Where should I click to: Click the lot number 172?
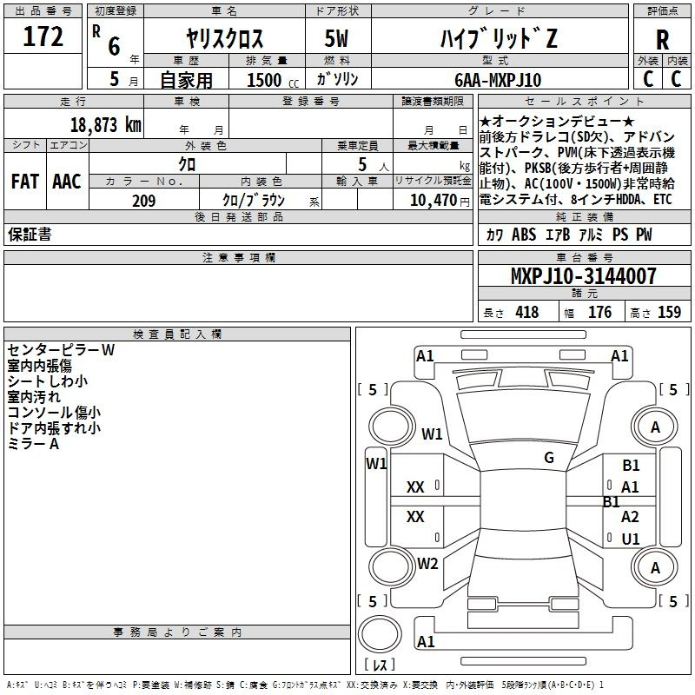pyautogui.click(x=43, y=36)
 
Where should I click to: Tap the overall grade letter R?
pyautogui.click(x=662, y=40)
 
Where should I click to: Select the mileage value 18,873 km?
pyautogui.click(x=106, y=125)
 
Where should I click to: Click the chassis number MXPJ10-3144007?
pyautogui.click(x=584, y=275)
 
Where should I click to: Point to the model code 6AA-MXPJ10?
pyautogui.click(x=498, y=80)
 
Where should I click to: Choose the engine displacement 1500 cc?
pyautogui.click(x=273, y=80)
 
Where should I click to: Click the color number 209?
pyautogui.click(x=144, y=201)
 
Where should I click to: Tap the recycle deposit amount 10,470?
pyautogui.click(x=433, y=201)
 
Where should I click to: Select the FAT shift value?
pyautogui.click(x=25, y=182)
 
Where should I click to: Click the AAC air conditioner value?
pyautogui.click(x=67, y=182)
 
